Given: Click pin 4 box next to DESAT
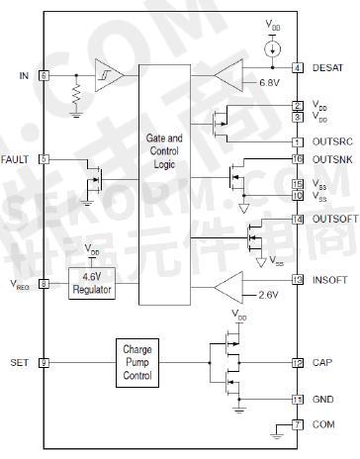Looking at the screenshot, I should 297,68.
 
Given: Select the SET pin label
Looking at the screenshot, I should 18,363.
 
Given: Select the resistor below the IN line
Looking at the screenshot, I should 76,94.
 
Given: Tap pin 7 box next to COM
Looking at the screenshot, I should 297,425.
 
